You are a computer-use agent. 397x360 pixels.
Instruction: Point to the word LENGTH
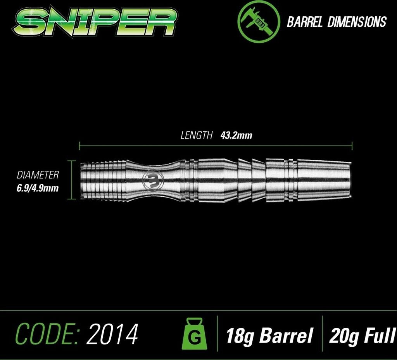pos(197,135)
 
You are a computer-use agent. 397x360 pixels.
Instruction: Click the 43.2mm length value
pos(236,135)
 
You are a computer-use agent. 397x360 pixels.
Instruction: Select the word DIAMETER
pos(38,175)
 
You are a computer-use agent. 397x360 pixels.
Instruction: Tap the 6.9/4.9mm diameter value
pos(38,188)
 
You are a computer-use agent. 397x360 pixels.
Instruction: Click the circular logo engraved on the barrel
pos(154,179)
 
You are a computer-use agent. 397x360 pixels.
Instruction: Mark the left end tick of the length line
pos(79,146)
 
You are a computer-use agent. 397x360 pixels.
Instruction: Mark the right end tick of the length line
pos(352,146)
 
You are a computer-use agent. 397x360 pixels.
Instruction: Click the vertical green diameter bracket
pos(70,179)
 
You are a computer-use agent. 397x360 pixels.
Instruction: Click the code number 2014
pos(112,334)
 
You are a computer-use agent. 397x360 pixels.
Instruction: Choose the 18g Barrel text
pos(269,335)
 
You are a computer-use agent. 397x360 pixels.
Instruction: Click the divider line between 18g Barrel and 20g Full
pos(322,335)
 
